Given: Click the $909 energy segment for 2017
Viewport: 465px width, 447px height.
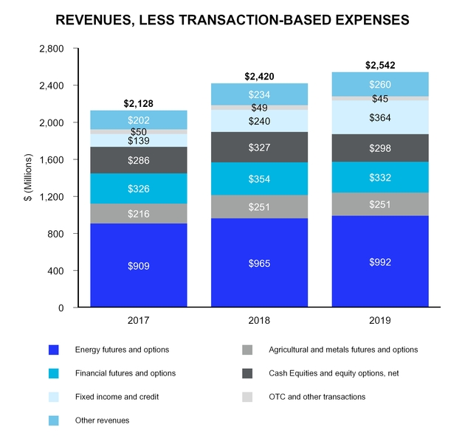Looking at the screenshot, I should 138,266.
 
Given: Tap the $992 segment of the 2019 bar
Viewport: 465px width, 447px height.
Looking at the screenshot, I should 380,261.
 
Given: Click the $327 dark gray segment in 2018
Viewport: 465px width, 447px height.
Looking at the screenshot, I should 259,148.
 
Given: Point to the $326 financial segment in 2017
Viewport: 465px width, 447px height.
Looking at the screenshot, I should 138,189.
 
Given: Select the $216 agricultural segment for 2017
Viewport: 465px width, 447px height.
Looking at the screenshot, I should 138,214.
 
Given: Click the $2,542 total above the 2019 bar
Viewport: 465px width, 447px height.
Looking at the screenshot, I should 380,65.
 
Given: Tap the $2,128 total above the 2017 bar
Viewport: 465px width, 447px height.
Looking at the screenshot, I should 138,103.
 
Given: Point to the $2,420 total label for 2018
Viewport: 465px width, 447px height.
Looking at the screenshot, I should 259,76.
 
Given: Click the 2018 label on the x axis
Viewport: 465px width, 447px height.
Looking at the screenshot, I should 259,321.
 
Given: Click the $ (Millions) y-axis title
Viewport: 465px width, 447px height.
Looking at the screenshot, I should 29,179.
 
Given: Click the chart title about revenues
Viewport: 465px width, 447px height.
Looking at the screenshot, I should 232,20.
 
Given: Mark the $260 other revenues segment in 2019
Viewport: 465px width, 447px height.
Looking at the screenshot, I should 380,85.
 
